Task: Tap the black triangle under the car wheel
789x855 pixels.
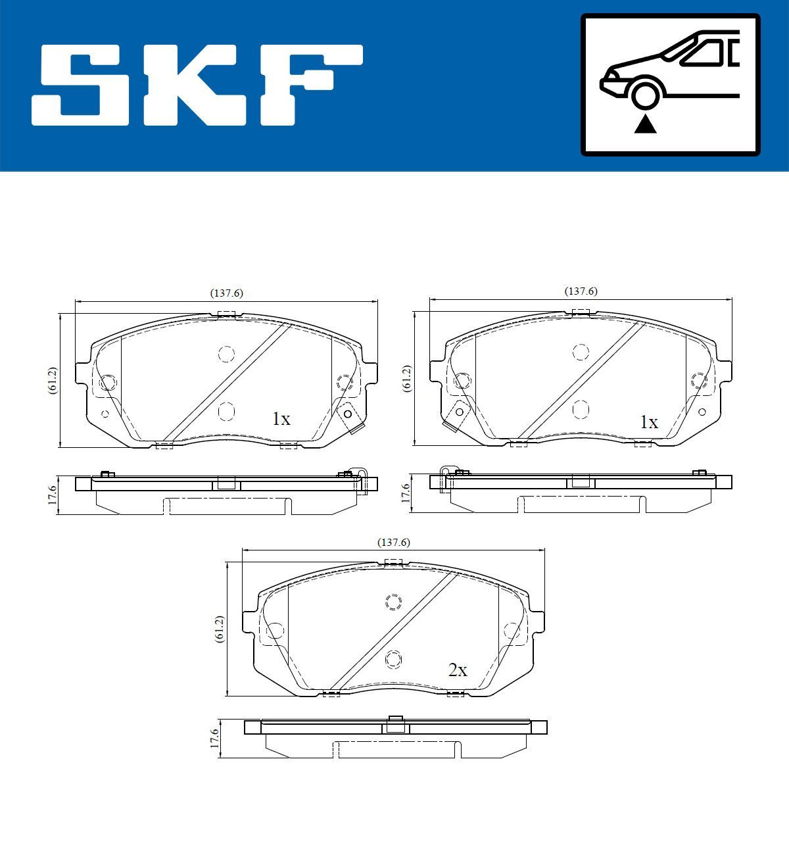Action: [x=645, y=124]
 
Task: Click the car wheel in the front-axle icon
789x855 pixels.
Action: [x=645, y=94]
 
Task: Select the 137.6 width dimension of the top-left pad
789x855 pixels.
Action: [x=226, y=293]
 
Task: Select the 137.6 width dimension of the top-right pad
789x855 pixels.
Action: [x=581, y=291]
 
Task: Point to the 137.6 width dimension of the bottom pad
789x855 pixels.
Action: [x=393, y=543]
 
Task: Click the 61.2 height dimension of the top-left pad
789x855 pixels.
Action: [x=52, y=380]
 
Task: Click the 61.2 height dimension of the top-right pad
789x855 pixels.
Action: [x=406, y=379]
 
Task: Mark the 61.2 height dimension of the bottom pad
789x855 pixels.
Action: [x=219, y=629]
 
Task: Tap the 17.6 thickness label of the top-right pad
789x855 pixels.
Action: [x=406, y=494]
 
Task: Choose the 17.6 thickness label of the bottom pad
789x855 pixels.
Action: [x=214, y=738]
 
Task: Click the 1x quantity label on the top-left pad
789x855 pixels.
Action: [x=281, y=419]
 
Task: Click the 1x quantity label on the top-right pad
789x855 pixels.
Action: [x=649, y=422]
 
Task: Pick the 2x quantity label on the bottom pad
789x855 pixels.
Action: [x=457, y=670]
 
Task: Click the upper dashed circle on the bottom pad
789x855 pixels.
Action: [x=393, y=602]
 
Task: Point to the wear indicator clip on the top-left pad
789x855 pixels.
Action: [x=351, y=418]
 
